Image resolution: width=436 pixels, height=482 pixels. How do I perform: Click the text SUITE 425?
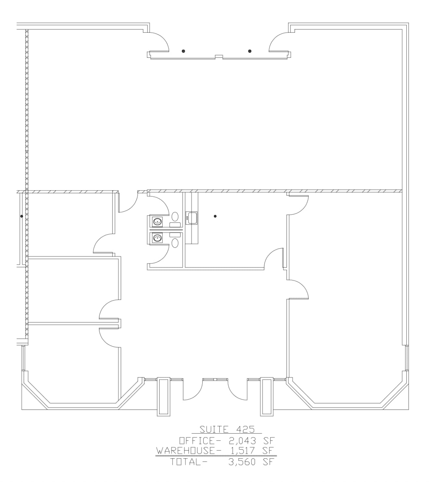pyautogui.click(x=227, y=429)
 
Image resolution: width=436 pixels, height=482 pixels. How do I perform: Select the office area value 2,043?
pyautogui.click(x=242, y=441)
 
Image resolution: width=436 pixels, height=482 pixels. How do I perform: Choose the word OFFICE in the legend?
pyautogui.click(x=197, y=441)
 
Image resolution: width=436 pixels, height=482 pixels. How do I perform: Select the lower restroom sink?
pyautogui.click(x=157, y=238)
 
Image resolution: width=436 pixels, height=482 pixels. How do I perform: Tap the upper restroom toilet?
pyautogui.click(x=175, y=216)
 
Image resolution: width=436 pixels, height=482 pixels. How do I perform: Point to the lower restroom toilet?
pyautogui.click(x=175, y=242)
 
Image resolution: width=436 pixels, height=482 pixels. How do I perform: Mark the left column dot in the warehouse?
pyautogui.click(x=183, y=51)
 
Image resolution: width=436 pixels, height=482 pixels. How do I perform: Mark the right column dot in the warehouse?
pyautogui.click(x=250, y=51)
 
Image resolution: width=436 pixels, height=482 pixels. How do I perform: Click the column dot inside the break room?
pyautogui.click(x=215, y=216)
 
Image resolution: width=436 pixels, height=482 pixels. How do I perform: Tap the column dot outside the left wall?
pyautogui.click(x=21, y=216)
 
